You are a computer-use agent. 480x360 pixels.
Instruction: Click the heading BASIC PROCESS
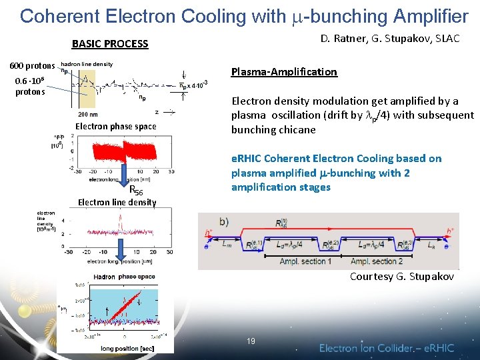[110, 44]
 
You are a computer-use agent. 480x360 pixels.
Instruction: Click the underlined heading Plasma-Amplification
[283, 71]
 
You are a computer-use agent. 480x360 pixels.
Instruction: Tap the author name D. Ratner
[343, 39]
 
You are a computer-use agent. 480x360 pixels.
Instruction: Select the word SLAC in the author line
[447, 39]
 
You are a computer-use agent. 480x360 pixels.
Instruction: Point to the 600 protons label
[32, 65]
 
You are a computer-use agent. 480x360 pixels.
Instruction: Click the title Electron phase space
[115, 126]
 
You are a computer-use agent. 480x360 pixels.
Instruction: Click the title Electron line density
[117, 202]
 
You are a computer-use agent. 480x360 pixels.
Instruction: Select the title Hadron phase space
[125, 276]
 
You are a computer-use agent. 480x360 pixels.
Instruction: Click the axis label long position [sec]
[129, 347]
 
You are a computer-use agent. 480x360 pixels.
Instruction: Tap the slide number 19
[251, 341]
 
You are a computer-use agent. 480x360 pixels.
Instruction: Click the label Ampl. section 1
[303, 261]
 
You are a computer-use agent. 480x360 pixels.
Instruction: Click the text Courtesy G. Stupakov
[402, 276]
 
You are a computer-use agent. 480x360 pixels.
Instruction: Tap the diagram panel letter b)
[223, 221]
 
